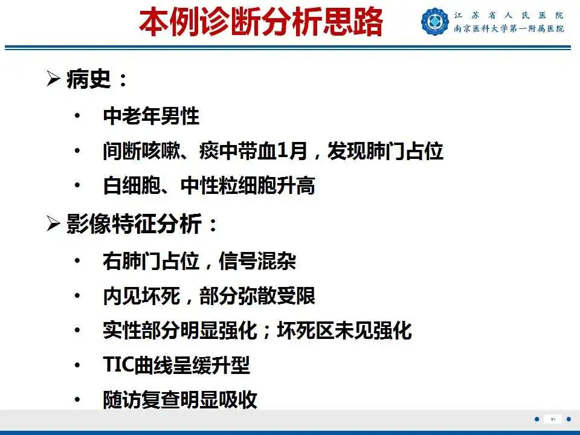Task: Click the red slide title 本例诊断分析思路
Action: click(x=261, y=22)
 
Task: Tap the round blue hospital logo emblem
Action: click(x=435, y=22)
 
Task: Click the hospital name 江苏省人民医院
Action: click(x=509, y=16)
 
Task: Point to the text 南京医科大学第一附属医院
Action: click(x=509, y=28)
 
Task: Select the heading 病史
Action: click(x=89, y=79)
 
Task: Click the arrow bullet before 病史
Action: click(x=54, y=79)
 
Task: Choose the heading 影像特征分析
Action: click(x=134, y=224)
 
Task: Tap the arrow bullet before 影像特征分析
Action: click(x=54, y=224)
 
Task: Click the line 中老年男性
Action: click(x=151, y=116)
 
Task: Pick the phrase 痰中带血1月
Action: click(x=253, y=150)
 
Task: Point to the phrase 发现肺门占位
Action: click(x=385, y=150)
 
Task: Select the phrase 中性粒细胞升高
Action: click(x=248, y=185)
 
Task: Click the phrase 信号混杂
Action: click(x=257, y=261)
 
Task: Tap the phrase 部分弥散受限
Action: click(x=257, y=295)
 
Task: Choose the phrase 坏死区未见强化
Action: click(x=344, y=330)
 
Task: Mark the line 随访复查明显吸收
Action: click(x=180, y=399)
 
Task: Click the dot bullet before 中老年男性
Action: click(x=77, y=116)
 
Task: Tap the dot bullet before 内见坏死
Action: click(x=77, y=295)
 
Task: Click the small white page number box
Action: click(x=553, y=419)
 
